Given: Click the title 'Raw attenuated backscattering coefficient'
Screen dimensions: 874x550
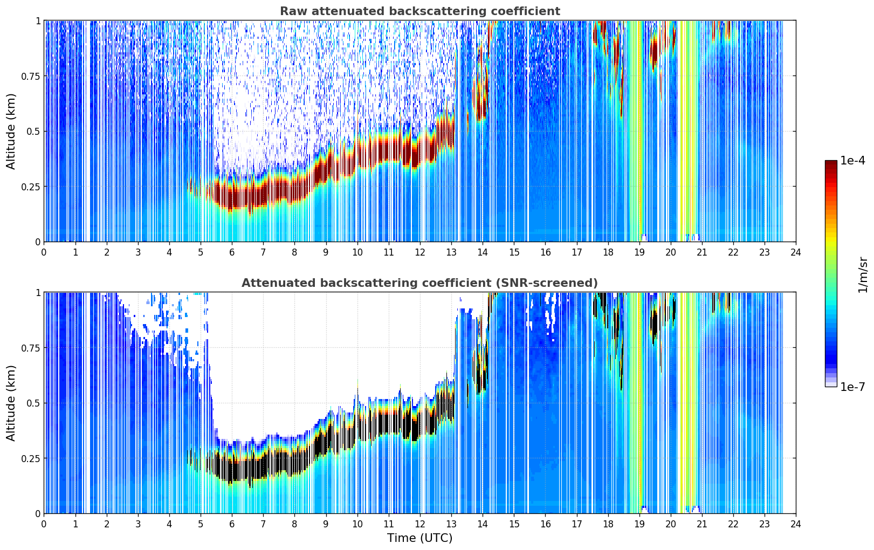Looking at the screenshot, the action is [x=420, y=11].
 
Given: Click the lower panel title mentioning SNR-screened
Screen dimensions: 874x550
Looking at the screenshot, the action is [x=420, y=283].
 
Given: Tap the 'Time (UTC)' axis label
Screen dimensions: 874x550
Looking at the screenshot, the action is [x=420, y=538].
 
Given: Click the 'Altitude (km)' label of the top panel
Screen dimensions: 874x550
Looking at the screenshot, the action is [x=11, y=132].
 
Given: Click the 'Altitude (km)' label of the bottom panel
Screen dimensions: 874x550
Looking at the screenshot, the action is [x=11, y=403].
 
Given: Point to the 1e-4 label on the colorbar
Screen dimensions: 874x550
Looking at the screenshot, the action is [x=852, y=160].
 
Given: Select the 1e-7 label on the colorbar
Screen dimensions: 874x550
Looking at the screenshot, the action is [x=852, y=387].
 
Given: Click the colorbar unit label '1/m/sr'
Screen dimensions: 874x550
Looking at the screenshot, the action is [x=863, y=274].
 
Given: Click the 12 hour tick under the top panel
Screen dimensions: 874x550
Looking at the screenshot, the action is [x=420, y=252].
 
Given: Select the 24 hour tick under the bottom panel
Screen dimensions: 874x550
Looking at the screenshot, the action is [x=796, y=524].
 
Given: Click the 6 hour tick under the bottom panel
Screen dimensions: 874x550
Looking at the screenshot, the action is [x=232, y=524].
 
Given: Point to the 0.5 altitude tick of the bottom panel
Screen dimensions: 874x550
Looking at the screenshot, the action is [x=33, y=403].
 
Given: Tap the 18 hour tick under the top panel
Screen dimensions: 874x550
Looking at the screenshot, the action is [x=608, y=252].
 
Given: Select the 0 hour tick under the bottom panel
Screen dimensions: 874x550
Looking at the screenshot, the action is [x=44, y=524].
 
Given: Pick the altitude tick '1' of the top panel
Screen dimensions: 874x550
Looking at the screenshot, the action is [x=38, y=21].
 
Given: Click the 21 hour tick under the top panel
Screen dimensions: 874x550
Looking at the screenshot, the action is [x=702, y=252].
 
